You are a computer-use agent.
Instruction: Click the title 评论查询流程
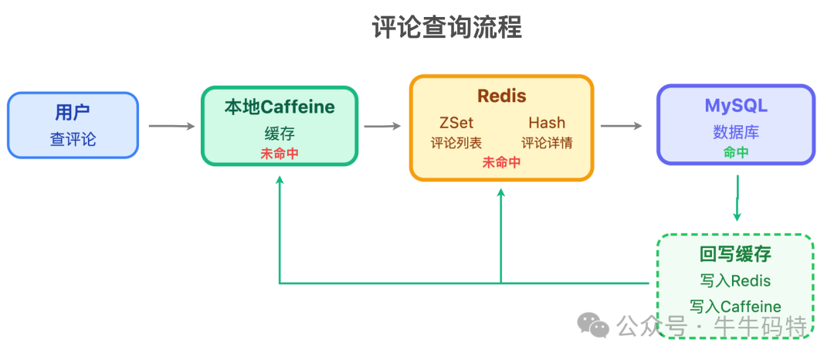pos(446,27)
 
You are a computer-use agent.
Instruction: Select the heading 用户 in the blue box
pos(73,113)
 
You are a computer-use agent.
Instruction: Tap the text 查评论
pos(73,139)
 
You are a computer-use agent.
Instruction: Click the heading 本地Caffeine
pos(280,107)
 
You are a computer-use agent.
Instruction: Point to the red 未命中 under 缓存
pos(280,153)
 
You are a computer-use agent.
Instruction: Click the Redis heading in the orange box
pos(501,96)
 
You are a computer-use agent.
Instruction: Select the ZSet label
pos(456,123)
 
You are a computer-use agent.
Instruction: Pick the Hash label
pos(547,123)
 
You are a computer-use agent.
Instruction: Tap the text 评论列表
pos(456,143)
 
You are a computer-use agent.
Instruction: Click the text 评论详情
pos(547,143)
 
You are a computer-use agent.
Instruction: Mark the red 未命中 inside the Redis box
pos(501,162)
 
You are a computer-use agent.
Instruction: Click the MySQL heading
pos(736,106)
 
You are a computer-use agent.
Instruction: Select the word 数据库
pos(736,132)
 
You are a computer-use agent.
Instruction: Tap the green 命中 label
pos(736,152)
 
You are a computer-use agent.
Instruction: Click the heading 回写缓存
pos(735,254)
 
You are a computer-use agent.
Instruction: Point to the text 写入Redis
pos(735,280)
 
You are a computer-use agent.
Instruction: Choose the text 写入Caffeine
pos(735,307)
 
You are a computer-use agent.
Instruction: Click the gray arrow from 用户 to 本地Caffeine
pos(171,126)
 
